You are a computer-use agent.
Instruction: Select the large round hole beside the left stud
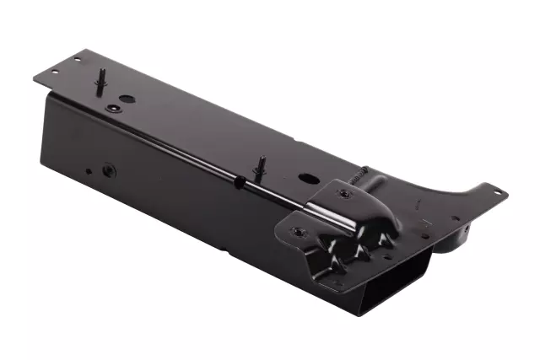[x=125, y=99]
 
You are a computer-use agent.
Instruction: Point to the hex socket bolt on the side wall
[x=107, y=170]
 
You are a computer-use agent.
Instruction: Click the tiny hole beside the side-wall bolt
[x=89, y=172]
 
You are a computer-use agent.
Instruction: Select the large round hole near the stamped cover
[x=305, y=179]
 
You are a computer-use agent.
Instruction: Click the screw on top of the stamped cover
[x=343, y=193]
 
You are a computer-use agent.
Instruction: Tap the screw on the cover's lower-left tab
[x=298, y=230]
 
